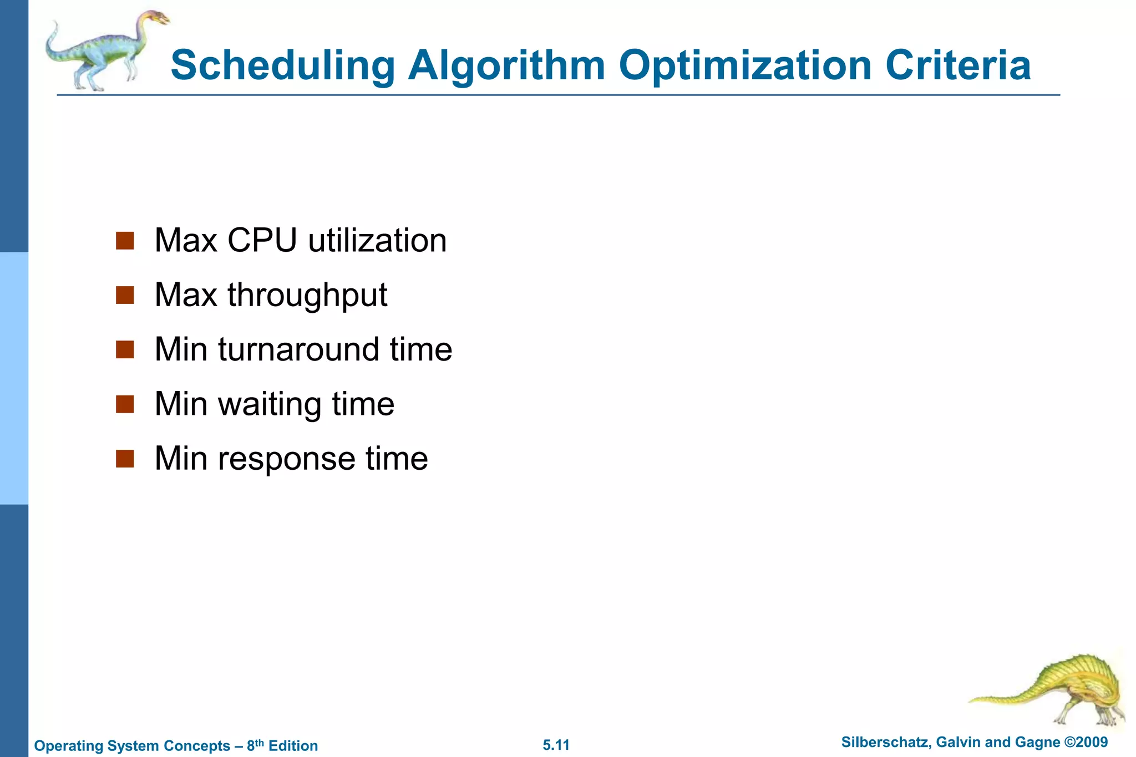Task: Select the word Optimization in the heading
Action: [x=745, y=65]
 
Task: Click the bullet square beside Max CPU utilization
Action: [x=125, y=241]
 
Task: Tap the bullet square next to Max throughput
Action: [x=125, y=296]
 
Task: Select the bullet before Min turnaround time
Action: [x=125, y=350]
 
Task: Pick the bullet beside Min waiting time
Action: [x=125, y=404]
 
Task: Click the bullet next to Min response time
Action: [x=125, y=459]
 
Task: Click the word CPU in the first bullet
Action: [x=262, y=241]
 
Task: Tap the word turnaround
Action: [x=298, y=350]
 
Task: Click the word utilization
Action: [x=377, y=241]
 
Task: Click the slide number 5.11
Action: [x=556, y=745]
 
